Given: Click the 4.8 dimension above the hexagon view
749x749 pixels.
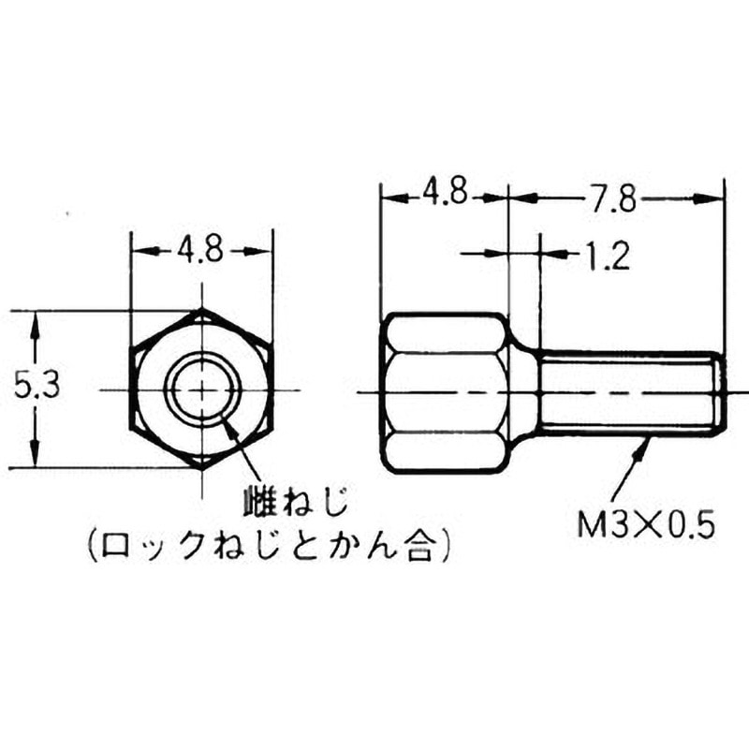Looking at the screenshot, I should pyautogui.click(x=199, y=251).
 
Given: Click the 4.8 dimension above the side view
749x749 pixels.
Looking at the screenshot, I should pyautogui.click(x=444, y=196).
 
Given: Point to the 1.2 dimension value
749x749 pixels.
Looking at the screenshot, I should pyautogui.click(x=604, y=255).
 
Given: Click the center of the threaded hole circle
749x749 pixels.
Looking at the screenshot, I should pyautogui.click(x=202, y=389).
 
